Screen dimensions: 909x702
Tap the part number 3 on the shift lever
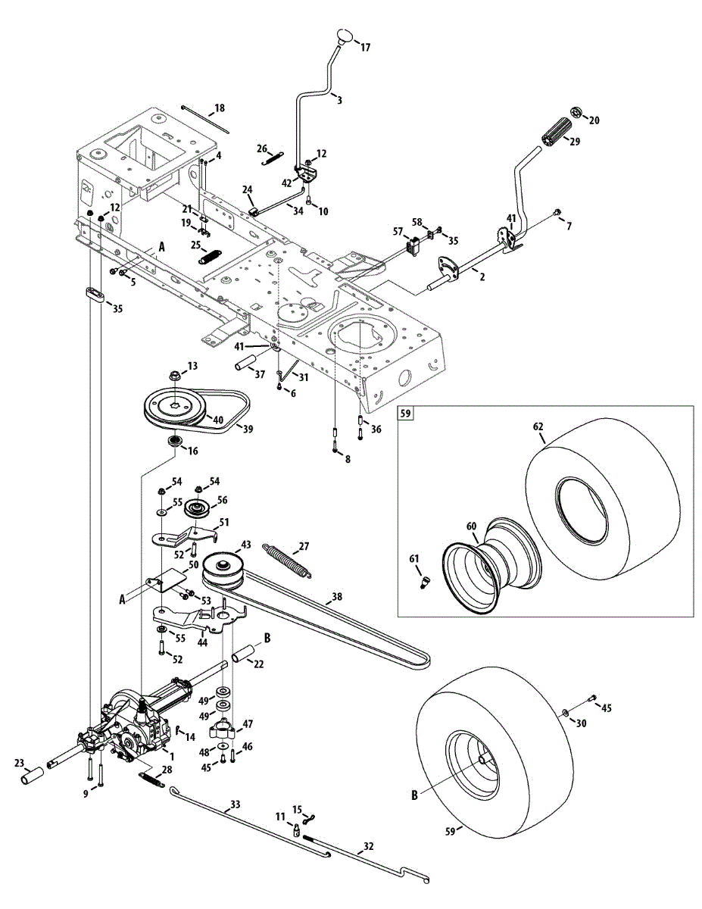[339, 99]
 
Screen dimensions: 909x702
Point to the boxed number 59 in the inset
[406, 414]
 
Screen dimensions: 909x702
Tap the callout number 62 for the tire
[538, 426]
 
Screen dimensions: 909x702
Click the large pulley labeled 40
[176, 406]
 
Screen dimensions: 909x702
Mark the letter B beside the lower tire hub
[414, 795]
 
